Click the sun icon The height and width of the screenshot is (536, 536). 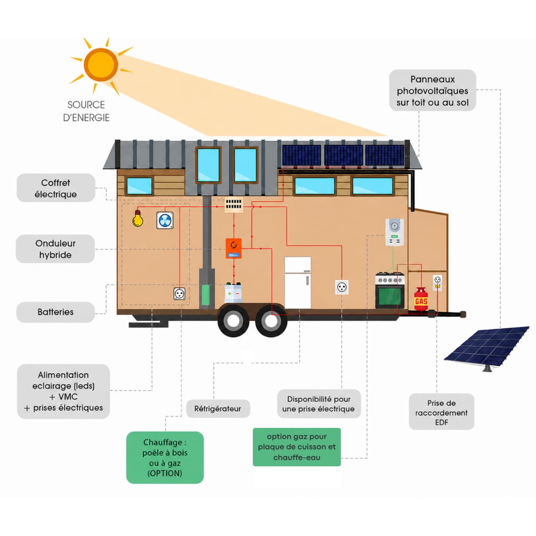(100, 65)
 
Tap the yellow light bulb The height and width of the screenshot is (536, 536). (138, 218)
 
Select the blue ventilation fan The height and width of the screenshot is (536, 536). (165, 220)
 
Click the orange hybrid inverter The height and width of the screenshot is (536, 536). (233, 248)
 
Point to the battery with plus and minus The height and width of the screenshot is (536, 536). (233, 293)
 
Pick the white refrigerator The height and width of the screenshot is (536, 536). (297, 283)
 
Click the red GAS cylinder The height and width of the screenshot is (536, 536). (421, 300)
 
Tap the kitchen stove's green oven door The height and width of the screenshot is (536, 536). (390, 296)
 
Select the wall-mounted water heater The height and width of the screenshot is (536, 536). (394, 232)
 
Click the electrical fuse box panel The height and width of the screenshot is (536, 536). (234, 205)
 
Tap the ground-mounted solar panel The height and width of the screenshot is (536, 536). (487, 349)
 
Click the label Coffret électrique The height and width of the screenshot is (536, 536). (56, 188)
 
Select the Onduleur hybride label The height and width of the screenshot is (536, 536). (55, 249)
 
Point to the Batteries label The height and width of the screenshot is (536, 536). (56, 312)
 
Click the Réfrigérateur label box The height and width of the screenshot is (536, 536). (218, 409)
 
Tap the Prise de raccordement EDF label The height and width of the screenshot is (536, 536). (441, 413)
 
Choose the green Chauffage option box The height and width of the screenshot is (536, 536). (165, 457)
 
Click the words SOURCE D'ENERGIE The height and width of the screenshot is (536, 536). (86, 111)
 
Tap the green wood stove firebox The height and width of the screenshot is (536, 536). (205, 294)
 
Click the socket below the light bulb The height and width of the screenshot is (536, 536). (180, 293)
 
